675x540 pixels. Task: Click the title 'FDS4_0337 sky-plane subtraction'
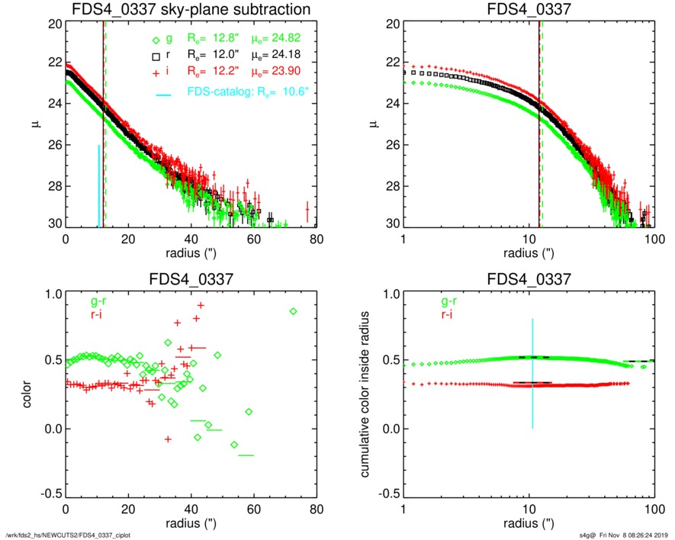point(191,10)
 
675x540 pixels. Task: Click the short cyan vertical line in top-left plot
point(98,186)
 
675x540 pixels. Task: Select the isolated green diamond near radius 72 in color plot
point(294,311)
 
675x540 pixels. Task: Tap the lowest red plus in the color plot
point(168,439)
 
